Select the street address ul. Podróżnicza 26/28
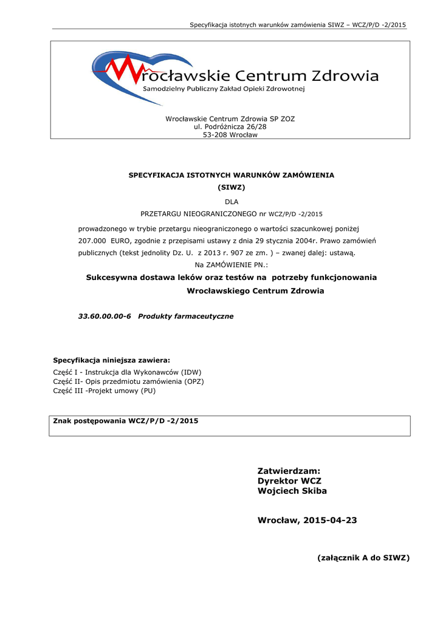point(230,127)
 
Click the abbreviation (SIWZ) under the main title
point(231,187)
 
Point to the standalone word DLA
point(232,201)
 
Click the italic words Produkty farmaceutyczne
point(185,316)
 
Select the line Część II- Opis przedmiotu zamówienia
point(129,381)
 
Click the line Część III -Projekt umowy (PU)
point(105,391)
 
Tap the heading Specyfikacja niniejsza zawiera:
point(112,360)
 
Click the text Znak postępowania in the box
point(89,420)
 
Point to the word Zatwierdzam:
point(289,471)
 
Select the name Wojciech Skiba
point(292,491)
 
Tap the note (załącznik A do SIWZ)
point(363,558)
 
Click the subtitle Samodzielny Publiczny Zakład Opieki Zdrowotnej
point(223,89)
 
